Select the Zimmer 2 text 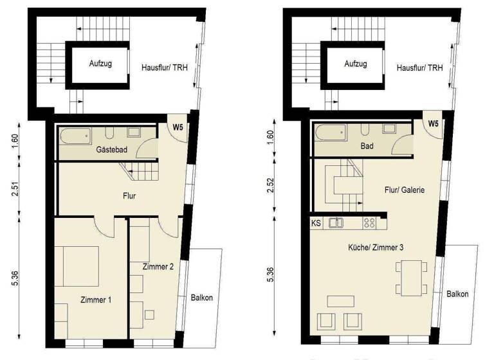click(158, 266)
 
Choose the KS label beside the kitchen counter click(316, 224)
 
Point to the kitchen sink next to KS click(336, 223)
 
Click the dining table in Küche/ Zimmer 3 click(410, 276)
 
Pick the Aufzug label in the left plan click(99, 64)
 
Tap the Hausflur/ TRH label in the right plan click(419, 67)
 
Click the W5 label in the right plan click(434, 123)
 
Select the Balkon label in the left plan click(201, 297)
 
